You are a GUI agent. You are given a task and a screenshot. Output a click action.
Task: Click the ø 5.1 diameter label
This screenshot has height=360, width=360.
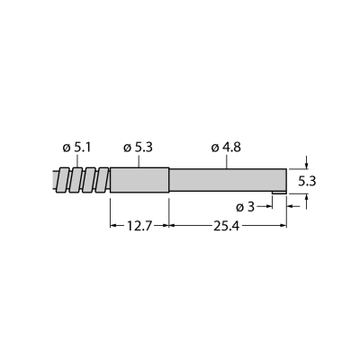point(76,148)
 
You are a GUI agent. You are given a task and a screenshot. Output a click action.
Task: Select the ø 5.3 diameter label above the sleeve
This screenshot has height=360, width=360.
point(138,148)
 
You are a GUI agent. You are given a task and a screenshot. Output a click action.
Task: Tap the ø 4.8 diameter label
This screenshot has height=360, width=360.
point(226,148)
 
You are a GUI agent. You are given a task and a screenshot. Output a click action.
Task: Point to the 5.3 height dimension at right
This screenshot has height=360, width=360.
point(308,181)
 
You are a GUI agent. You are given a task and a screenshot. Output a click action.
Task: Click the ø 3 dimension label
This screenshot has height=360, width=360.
point(245,207)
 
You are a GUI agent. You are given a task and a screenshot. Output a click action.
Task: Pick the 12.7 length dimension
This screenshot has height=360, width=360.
point(139,226)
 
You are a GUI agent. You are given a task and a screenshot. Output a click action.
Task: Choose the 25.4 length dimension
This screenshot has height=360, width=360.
point(227,226)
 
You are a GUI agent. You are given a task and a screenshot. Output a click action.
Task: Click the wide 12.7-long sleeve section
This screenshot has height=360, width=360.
point(139,180)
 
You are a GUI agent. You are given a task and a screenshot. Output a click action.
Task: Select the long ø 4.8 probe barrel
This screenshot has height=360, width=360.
point(228,180)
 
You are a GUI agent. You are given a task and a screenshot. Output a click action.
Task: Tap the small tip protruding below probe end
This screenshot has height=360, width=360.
point(280,193)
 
